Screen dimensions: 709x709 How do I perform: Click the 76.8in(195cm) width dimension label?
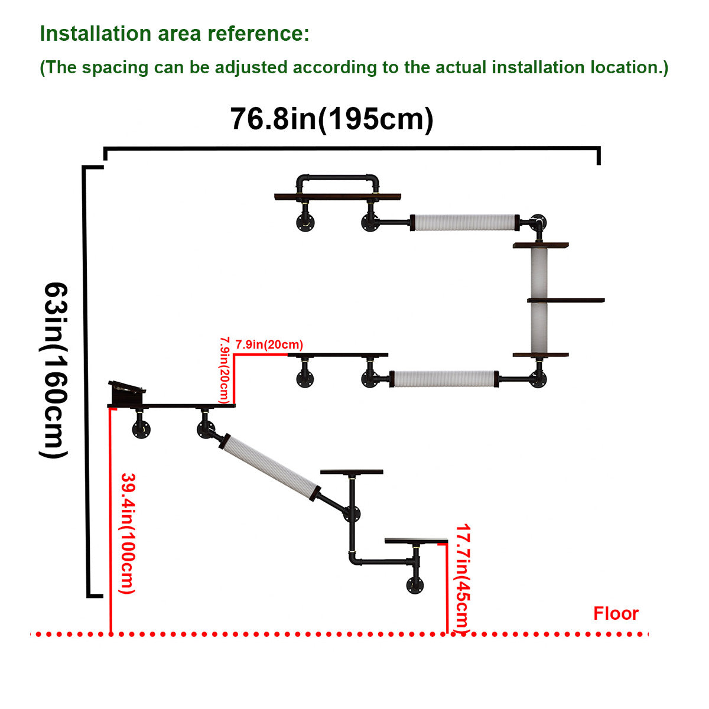click(331, 119)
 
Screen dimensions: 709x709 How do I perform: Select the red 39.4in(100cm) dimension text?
click(128, 533)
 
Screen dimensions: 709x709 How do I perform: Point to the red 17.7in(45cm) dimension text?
click(463, 579)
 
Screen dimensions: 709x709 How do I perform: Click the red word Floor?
click(616, 613)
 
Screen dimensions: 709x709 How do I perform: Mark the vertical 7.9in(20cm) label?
click(225, 370)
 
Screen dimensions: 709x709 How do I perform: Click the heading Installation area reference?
click(174, 34)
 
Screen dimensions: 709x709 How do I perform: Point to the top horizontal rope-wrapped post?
click(465, 222)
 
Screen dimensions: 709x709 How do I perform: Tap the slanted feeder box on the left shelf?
click(127, 392)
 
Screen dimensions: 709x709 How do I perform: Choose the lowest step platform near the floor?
click(416, 541)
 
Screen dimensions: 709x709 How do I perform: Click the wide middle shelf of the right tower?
click(565, 300)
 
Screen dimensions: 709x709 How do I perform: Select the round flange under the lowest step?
click(415, 586)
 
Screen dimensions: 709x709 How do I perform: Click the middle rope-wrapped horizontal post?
click(443, 378)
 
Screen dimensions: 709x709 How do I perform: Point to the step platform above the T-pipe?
click(352, 471)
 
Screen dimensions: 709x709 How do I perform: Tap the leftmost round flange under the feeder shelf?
click(142, 430)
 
